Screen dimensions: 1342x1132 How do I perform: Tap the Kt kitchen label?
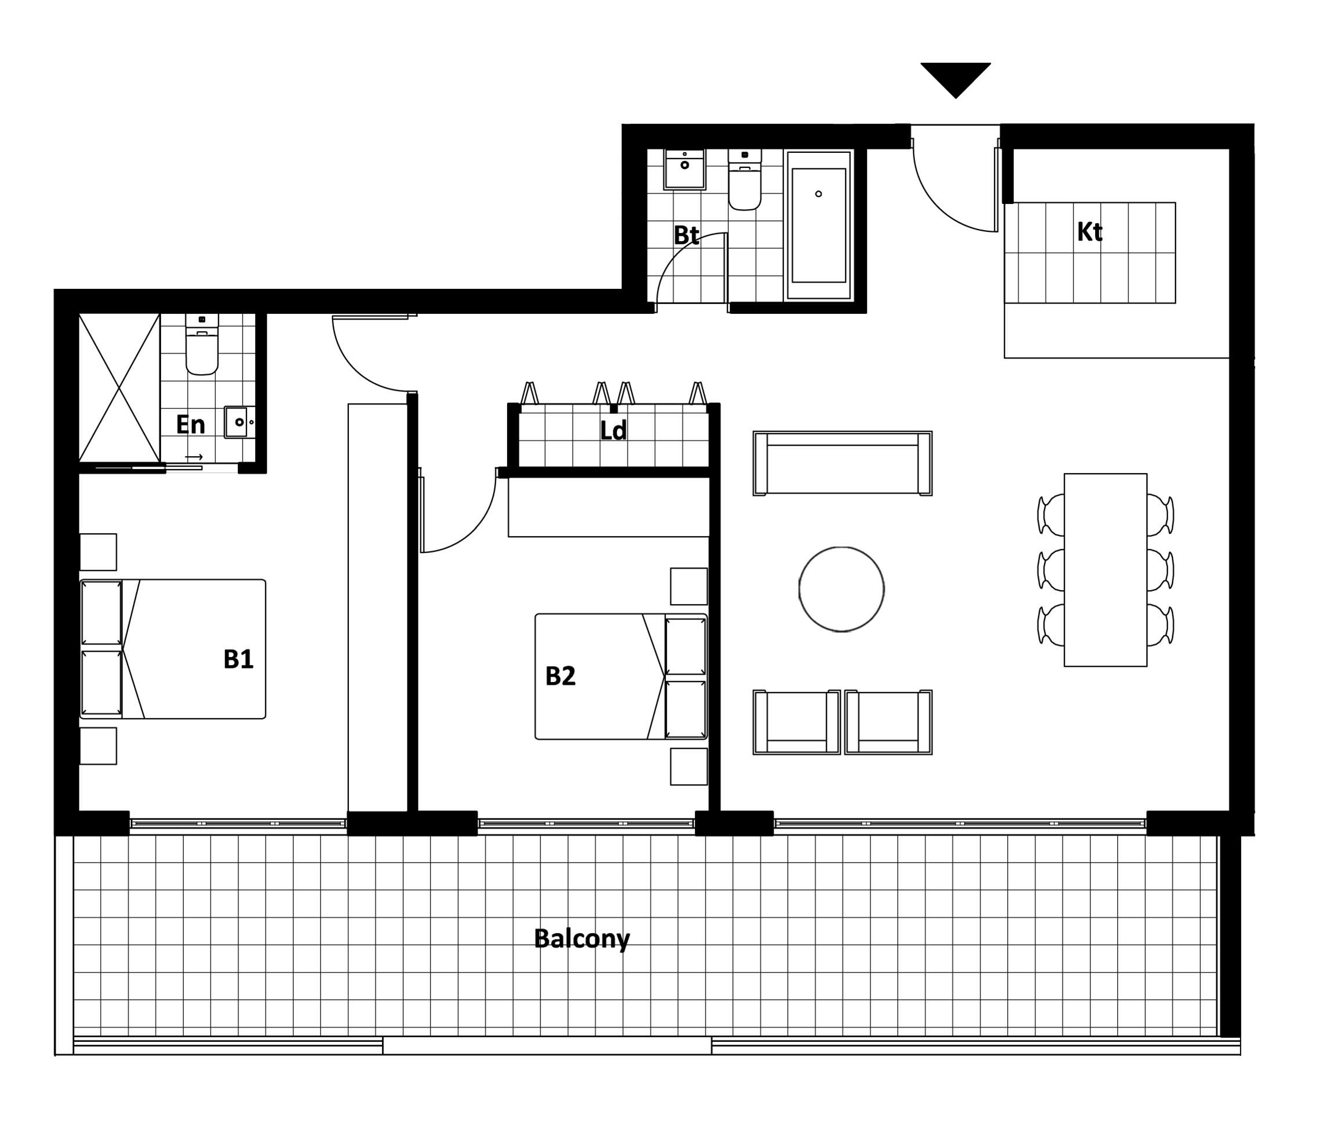tap(1090, 232)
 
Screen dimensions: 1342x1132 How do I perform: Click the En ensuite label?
tap(191, 424)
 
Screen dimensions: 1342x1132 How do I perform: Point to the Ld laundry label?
tap(613, 431)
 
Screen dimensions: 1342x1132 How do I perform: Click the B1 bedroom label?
tap(238, 659)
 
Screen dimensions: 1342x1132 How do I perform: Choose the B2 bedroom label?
tap(560, 676)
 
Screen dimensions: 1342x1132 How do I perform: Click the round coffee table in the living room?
tap(841, 589)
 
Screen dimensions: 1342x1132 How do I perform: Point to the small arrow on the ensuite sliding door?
tap(194, 457)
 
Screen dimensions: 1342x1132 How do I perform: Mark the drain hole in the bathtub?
tap(818, 194)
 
